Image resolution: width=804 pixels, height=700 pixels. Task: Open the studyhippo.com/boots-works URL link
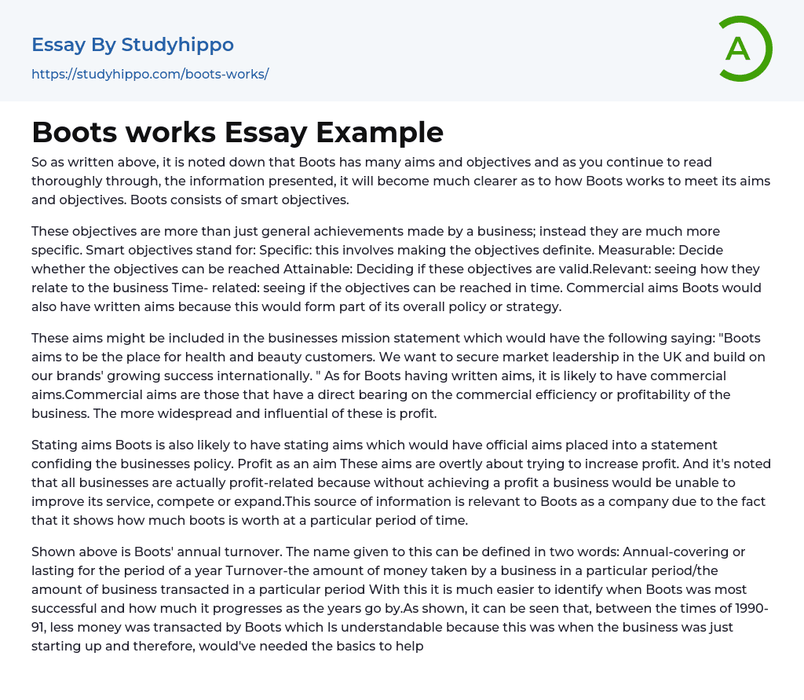tap(150, 74)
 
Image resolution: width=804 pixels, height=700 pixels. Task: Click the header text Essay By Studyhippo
tap(133, 45)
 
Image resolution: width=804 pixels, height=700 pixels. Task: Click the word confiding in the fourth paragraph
tap(68, 464)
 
